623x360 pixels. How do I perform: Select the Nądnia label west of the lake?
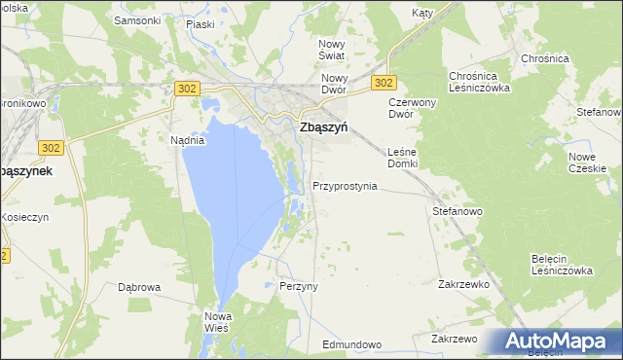(187, 140)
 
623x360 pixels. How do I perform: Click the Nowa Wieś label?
(216, 322)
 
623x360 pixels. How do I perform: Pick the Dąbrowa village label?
(138, 287)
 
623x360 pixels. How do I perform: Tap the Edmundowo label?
(351, 345)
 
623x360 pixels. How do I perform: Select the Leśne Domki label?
(402, 158)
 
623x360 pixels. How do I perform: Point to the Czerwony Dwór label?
(415, 107)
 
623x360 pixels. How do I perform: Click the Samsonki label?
(137, 19)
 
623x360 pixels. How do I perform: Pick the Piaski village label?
(201, 19)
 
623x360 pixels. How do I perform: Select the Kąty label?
(421, 14)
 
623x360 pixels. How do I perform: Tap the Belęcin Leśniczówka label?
(562, 265)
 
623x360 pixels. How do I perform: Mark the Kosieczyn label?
(24, 217)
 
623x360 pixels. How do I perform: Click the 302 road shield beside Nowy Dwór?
(384, 84)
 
